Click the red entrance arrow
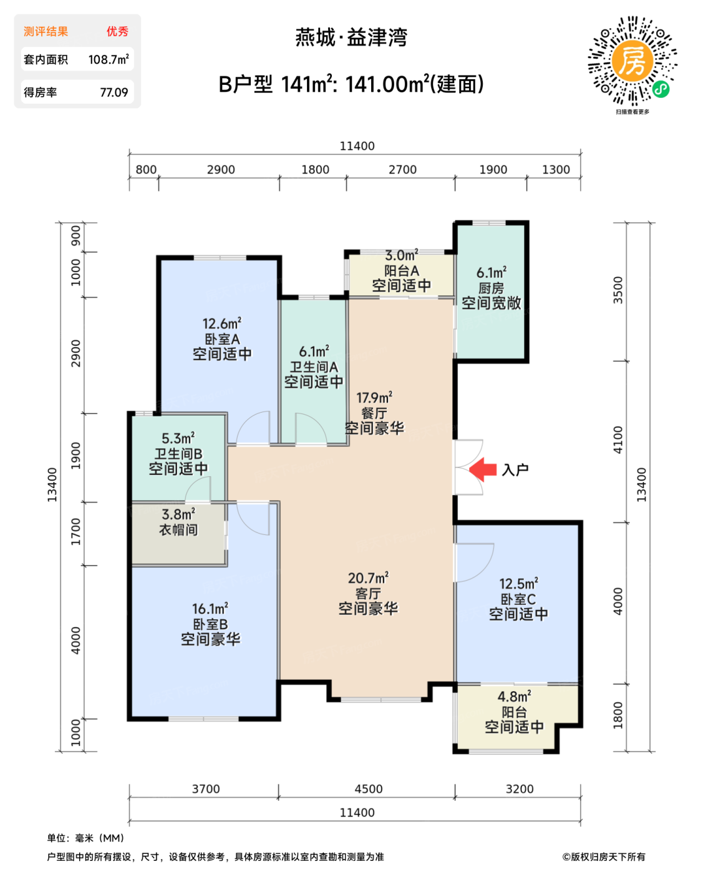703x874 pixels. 483,469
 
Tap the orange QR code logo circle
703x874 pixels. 633,61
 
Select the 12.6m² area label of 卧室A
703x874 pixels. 222,323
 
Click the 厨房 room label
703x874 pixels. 491,288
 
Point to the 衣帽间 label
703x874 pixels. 178,529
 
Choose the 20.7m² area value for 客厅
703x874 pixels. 368,578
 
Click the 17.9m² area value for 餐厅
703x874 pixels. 374,397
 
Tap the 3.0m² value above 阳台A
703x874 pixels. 402,255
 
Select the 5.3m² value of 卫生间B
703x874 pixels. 178,438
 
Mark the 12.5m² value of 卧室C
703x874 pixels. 518,584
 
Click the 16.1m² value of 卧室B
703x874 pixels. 210,609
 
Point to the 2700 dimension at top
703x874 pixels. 402,169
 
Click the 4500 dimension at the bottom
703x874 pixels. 369,788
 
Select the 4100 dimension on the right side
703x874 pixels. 618,440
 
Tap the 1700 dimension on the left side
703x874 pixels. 76,531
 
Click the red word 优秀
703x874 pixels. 117,31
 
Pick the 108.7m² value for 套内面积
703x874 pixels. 109,59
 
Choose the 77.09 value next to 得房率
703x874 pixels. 114,92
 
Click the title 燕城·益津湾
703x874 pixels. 351,37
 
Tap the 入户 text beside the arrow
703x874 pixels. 515,469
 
